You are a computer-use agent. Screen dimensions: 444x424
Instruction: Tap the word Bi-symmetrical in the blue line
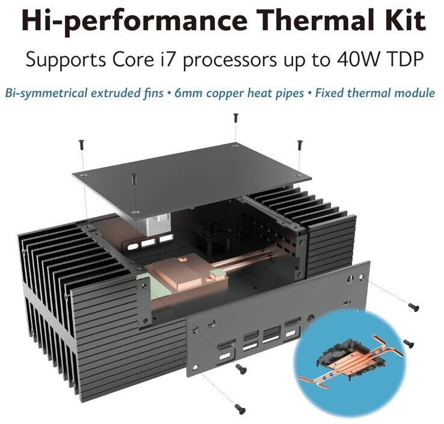(46, 94)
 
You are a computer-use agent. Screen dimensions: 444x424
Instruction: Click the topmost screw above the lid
(236, 118)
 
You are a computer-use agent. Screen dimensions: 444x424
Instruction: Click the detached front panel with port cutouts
(278, 320)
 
